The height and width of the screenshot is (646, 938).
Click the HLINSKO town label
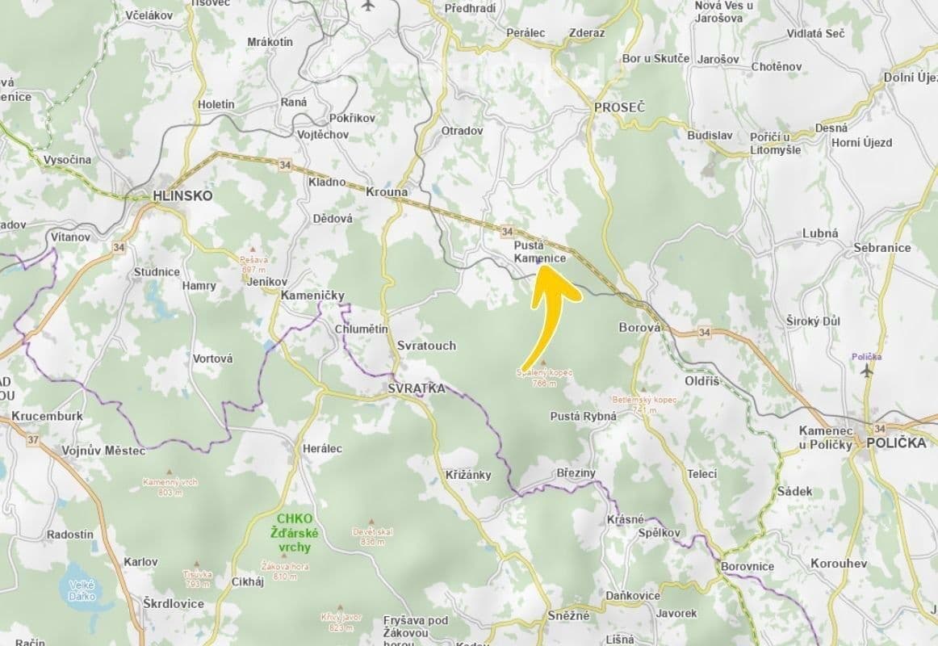pyautogui.click(x=182, y=195)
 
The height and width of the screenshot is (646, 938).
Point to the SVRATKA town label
pyautogui.click(x=416, y=388)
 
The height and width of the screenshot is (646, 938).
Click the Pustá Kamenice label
pyautogui.click(x=540, y=251)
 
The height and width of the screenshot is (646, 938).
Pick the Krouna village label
pyautogui.click(x=387, y=192)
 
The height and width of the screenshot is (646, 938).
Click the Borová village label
pyautogui.click(x=639, y=328)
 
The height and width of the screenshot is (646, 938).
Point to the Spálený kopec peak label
pyautogui.click(x=545, y=376)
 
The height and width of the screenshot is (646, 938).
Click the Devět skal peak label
pyautogui.click(x=372, y=535)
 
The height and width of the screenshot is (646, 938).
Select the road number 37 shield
pyautogui.click(x=33, y=440)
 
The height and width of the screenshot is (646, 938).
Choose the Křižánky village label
pyautogui.click(x=468, y=475)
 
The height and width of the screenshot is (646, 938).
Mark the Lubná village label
pyautogui.click(x=820, y=233)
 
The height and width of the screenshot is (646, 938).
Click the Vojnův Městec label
pyautogui.click(x=103, y=451)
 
